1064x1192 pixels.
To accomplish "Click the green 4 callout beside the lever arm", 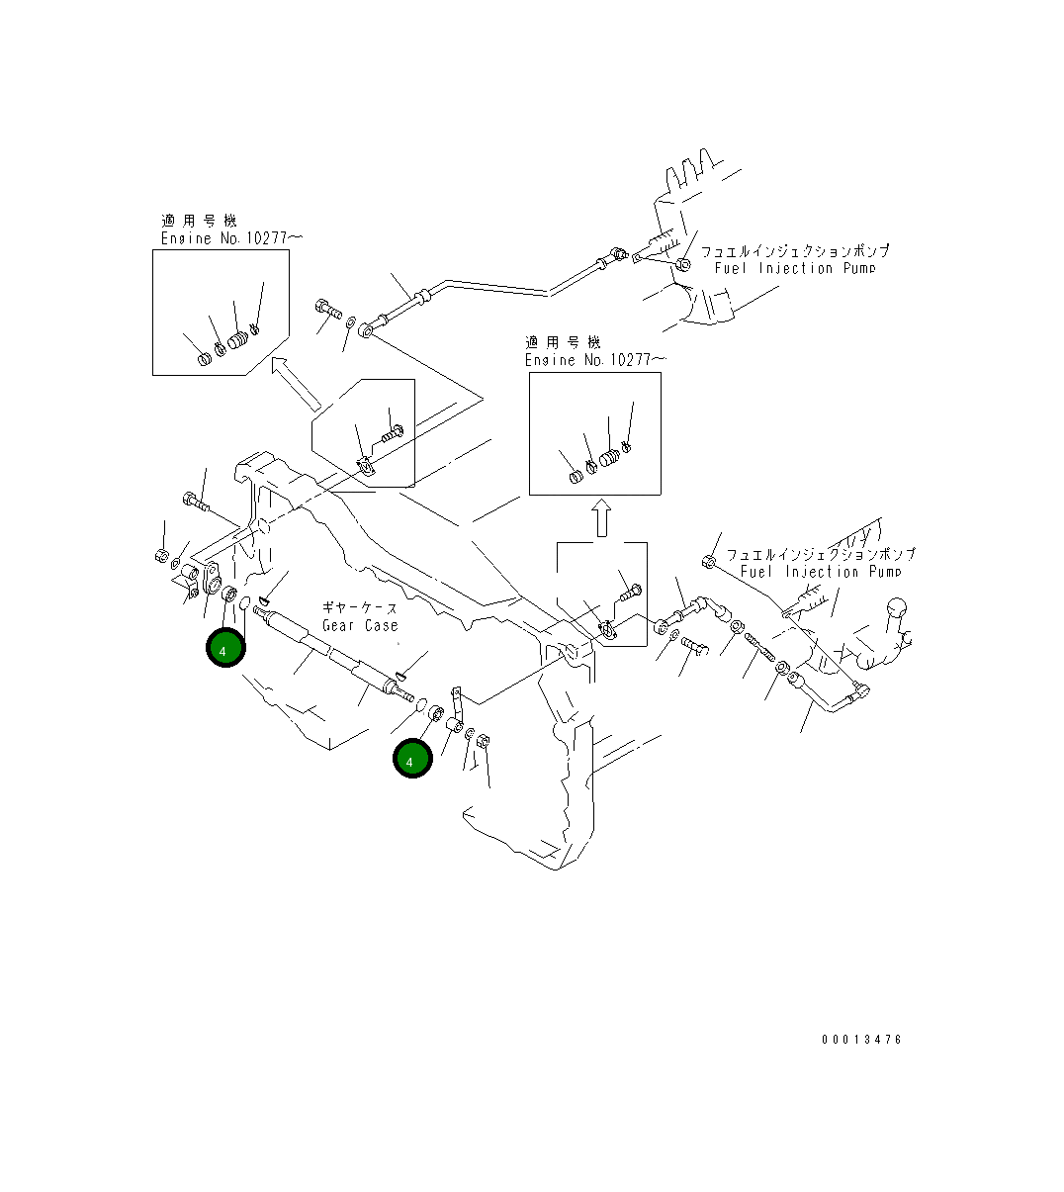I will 412,759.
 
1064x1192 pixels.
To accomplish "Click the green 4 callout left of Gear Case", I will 225,648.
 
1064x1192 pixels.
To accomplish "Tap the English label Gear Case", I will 360,625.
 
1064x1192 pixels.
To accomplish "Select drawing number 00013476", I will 861,1039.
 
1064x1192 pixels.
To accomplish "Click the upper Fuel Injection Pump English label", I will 795,268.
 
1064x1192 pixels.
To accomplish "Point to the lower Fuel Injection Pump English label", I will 820,572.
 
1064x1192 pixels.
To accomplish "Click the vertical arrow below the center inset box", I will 600,518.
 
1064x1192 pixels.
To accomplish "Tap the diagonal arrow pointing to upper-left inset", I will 295,383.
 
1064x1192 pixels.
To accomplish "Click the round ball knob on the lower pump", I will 898,611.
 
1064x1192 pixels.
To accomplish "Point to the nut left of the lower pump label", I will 708,562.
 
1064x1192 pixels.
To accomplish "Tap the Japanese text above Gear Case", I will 360,607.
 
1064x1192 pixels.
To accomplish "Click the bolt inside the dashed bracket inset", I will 629,592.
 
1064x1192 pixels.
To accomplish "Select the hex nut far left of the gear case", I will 161,555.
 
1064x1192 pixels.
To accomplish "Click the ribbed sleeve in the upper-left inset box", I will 237,341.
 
